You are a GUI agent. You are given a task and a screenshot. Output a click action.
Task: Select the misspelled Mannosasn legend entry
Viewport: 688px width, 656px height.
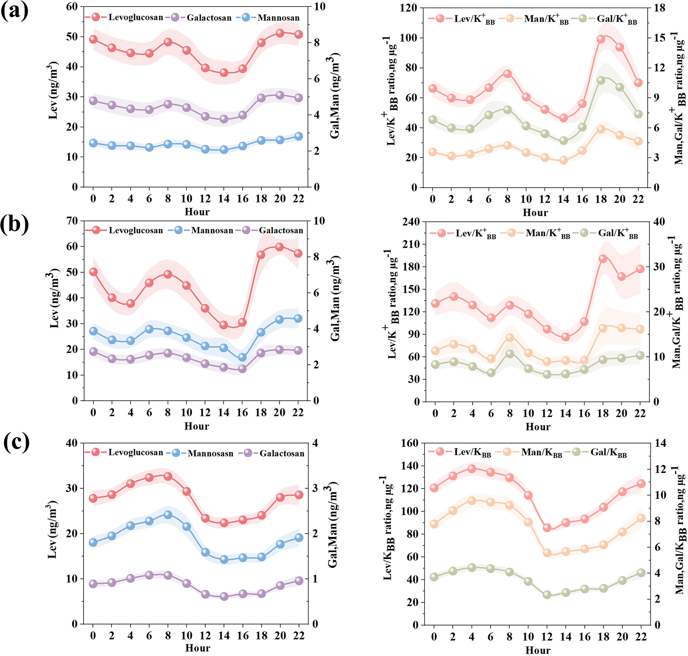(x=210, y=453)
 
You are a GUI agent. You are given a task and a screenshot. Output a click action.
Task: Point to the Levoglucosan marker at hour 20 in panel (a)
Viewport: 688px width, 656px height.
(x=280, y=33)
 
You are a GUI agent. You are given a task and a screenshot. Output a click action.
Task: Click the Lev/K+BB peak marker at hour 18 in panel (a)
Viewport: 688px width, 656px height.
(x=601, y=39)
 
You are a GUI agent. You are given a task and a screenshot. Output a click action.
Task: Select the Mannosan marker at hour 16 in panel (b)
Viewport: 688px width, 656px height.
(x=242, y=357)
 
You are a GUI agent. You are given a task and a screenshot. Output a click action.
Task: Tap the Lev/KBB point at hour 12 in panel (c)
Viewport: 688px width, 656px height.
(x=547, y=528)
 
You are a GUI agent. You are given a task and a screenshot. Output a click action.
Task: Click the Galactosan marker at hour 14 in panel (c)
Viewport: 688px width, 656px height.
(x=224, y=596)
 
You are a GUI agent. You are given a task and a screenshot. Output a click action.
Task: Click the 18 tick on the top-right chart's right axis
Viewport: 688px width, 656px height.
(x=659, y=8)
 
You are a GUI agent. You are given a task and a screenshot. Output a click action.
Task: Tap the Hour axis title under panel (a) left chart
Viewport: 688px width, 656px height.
(x=197, y=212)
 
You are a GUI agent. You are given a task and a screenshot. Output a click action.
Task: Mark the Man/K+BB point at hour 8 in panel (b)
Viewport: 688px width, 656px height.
(x=510, y=337)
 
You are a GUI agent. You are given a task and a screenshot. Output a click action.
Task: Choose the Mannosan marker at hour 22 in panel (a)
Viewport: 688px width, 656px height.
(x=298, y=136)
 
